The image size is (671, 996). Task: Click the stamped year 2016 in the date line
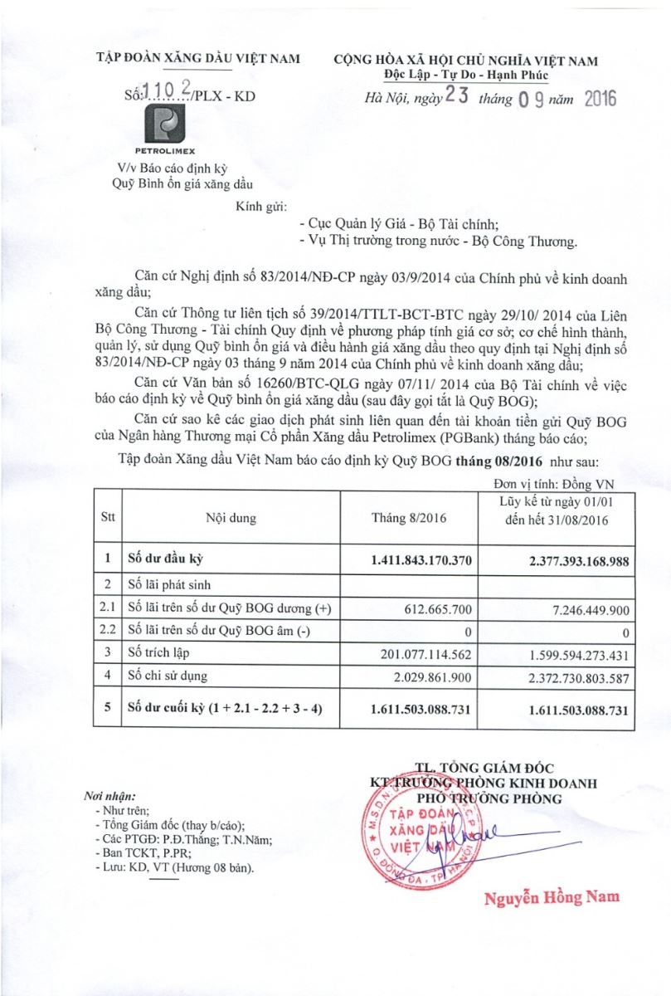click(600, 99)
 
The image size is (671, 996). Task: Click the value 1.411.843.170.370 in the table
click(422, 560)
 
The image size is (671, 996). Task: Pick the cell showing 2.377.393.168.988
click(579, 560)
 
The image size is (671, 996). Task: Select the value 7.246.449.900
click(590, 609)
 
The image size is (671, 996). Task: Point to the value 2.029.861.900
click(432, 676)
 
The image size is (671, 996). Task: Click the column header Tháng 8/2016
click(409, 518)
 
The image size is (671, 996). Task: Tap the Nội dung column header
click(231, 518)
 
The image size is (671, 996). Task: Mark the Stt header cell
click(108, 518)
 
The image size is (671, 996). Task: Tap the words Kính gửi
click(261, 204)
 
